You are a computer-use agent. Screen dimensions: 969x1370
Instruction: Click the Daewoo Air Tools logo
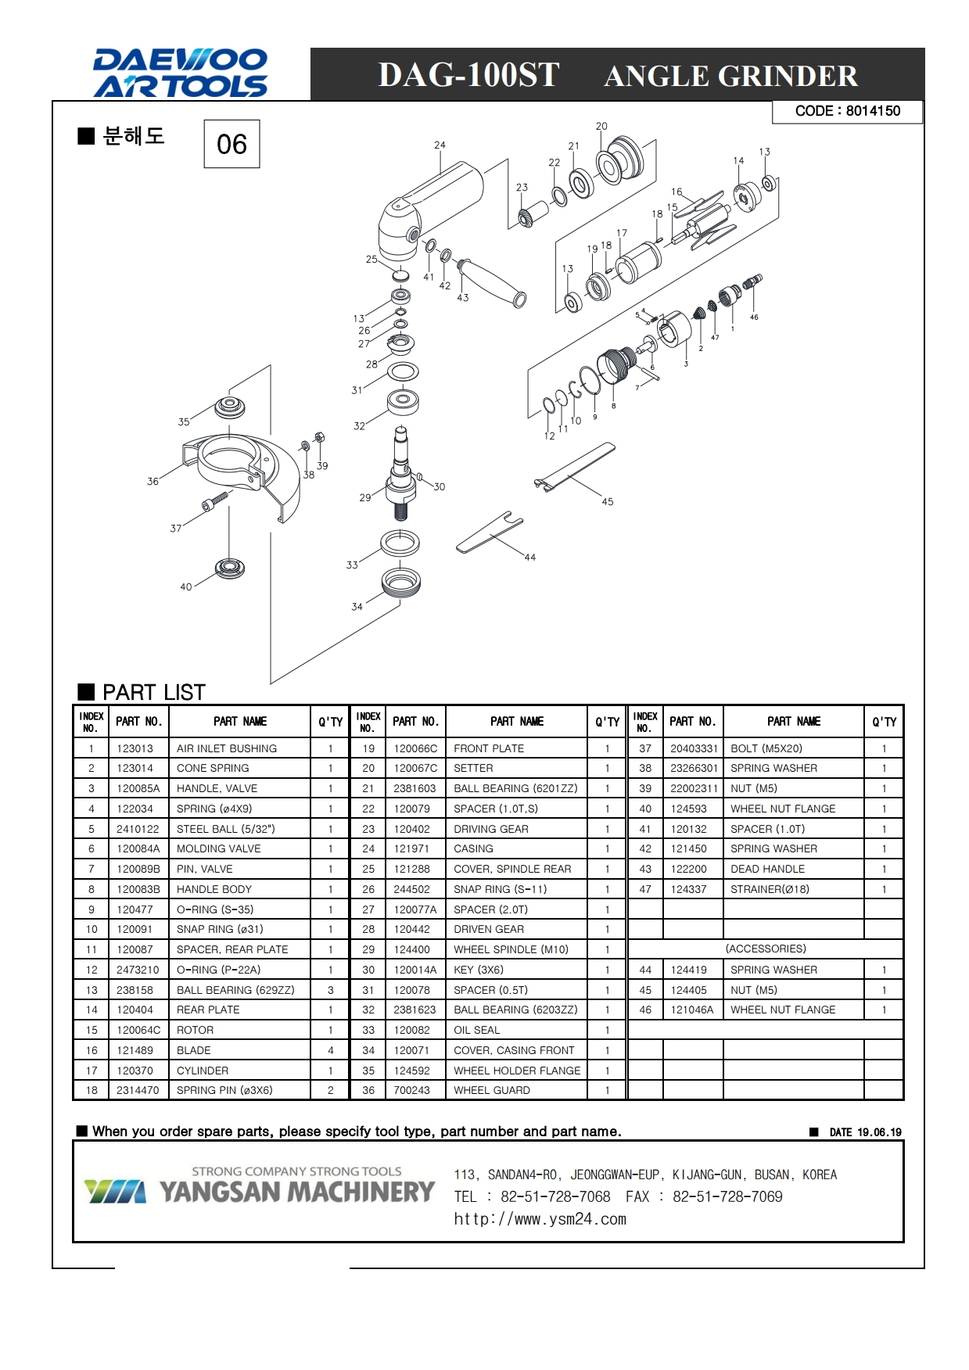point(181,74)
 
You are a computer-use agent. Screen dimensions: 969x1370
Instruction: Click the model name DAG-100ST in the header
point(468,75)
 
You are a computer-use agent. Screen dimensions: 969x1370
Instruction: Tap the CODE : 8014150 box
point(847,111)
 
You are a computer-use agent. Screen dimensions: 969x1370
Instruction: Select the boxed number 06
point(231,144)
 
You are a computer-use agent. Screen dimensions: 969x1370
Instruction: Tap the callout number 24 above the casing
point(440,145)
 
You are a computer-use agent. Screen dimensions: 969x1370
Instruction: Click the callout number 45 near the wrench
point(608,501)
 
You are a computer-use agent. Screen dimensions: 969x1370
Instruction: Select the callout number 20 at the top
point(601,126)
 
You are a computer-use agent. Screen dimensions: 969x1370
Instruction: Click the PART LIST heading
point(153,692)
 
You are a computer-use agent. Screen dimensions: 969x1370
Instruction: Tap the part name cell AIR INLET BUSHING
point(227,748)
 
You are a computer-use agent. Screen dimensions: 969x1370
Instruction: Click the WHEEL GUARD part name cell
point(492,1090)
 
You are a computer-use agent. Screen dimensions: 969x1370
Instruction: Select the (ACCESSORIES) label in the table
point(766,949)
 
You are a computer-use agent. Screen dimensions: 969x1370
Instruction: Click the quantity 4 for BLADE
point(331,1050)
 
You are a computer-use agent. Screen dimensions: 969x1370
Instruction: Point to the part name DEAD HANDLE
point(767,869)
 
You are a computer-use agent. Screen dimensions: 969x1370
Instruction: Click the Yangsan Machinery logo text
point(297,1192)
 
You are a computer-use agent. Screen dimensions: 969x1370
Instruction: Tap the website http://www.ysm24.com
point(540,1219)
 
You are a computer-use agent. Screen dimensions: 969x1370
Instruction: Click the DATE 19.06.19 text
point(865,1132)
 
